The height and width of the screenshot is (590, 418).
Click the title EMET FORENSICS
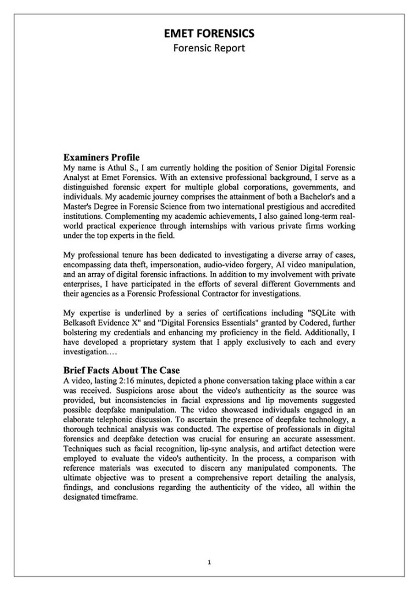tap(209, 35)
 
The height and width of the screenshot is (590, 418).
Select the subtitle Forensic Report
tap(209, 48)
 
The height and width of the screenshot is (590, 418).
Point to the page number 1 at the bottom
tap(209, 562)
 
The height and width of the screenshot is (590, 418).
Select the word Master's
tap(80, 206)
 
